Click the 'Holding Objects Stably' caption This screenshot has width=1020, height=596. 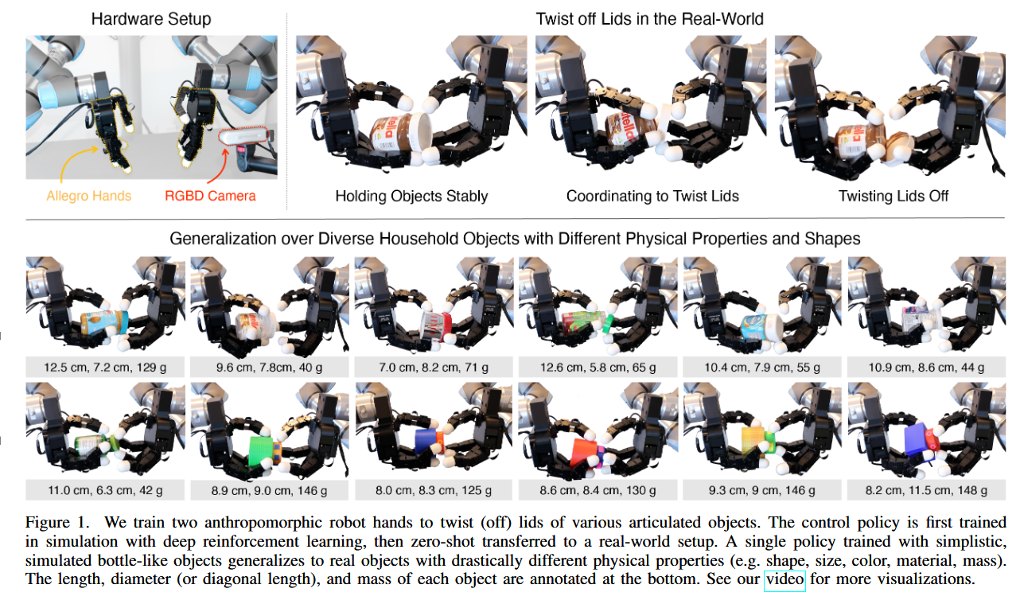coord(411,196)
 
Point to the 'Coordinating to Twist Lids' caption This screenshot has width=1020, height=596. coord(652,196)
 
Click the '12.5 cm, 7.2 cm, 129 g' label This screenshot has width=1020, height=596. coord(106,367)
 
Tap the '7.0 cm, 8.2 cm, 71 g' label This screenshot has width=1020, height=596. coord(434,367)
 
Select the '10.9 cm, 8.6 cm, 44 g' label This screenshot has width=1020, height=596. coord(926,367)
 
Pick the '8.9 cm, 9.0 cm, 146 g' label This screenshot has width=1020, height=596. coord(269,490)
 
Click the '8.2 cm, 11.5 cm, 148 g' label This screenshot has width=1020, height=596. coord(926,490)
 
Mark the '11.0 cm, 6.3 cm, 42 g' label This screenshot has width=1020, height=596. coord(106,490)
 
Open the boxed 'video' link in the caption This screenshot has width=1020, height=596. coord(784,579)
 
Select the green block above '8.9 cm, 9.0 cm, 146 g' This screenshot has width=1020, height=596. coord(261,450)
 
